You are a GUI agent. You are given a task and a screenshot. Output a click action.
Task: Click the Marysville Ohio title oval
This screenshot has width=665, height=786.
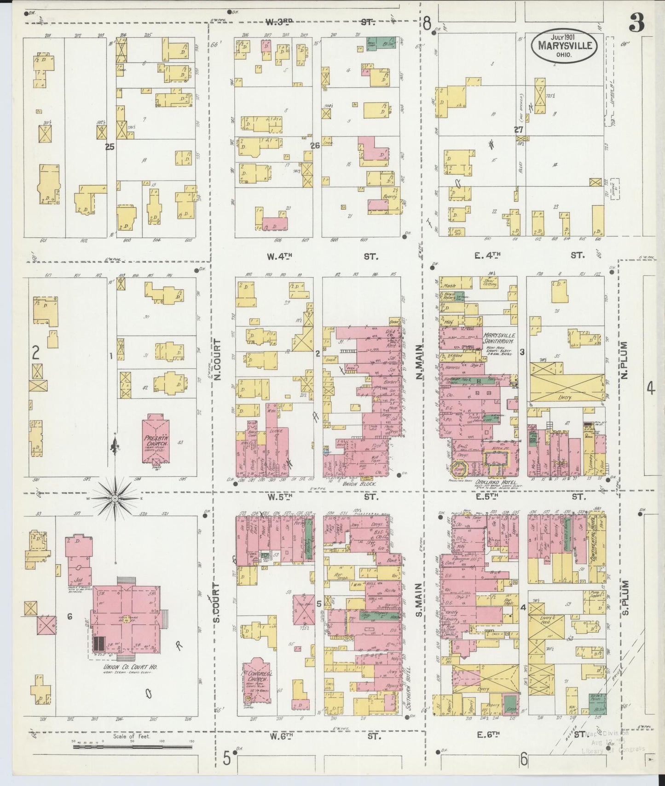pos(565,46)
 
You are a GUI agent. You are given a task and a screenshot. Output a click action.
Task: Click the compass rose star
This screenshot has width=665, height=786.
pos(115,498)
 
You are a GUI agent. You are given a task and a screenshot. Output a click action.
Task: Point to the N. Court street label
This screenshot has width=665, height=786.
pos(218,360)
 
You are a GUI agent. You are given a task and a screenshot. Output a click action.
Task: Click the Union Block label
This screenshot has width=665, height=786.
pos(364,484)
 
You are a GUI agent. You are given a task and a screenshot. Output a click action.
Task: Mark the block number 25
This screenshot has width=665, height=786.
pos(109,147)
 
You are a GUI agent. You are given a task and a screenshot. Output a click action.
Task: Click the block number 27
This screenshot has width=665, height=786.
pos(519,130)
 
